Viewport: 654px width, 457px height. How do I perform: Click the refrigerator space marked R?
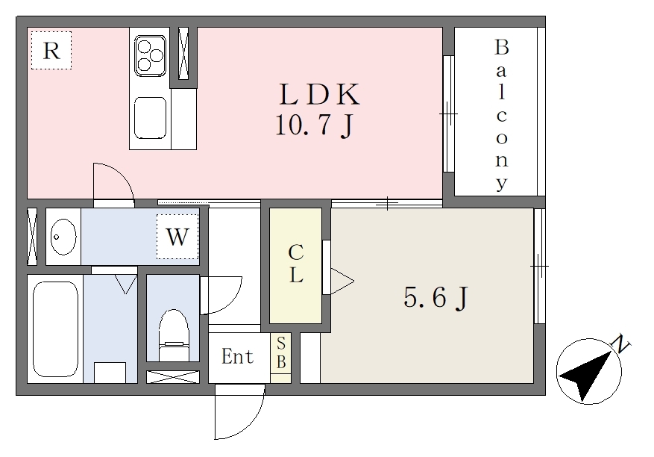coord(51,50)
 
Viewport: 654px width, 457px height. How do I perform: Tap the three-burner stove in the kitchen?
coord(150,55)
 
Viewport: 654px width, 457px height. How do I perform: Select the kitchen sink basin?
coord(150,118)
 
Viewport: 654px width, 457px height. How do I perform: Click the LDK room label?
coord(319,94)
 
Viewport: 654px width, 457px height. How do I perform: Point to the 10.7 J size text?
coord(314,125)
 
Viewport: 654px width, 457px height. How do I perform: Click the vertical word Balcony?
coord(501,115)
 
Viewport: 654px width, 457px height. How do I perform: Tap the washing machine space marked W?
coord(177,237)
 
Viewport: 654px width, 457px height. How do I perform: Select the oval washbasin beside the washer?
coord(63,237)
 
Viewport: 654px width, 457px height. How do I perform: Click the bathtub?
coord(55,329)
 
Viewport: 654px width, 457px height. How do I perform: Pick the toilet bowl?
coord(174,335)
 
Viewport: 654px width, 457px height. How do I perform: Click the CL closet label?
coord(296,264)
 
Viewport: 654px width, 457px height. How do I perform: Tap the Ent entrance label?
coord(237,356)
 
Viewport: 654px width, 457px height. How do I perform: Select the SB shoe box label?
coord(281,353)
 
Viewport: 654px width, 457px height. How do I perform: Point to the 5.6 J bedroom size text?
coord(436,297)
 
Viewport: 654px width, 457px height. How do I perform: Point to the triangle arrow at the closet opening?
coord(342,281)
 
